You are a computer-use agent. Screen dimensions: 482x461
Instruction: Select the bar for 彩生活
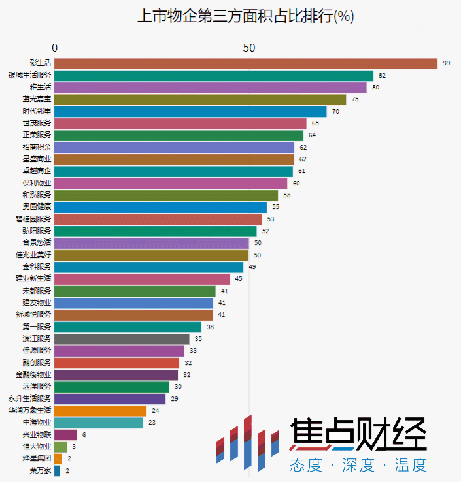click(x=245, y=63)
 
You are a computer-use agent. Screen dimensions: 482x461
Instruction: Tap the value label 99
click(x=447, y=63)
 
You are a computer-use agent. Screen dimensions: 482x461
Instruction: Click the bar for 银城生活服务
click(x=213, y=76)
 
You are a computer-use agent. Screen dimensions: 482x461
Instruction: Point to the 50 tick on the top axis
click(x=248, y=48)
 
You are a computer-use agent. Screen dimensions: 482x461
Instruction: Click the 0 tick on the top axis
click(x=55, y=48)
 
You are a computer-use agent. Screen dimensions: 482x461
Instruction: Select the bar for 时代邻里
click(x=190, y=112)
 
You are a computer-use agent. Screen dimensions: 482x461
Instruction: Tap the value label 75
click(x=355, y=99)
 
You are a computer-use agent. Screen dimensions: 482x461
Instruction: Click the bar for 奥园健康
click(x=160, y=207)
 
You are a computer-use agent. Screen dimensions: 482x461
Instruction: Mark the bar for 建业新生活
click(x=141, y=279)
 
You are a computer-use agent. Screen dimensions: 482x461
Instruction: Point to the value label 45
click(x=239, y=279)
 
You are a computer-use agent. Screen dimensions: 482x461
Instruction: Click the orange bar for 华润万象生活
click(x=100, y=411)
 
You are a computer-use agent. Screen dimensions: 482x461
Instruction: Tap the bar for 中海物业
click(x=98, y=423)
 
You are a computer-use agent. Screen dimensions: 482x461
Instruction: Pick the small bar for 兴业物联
click(x=65, y=435)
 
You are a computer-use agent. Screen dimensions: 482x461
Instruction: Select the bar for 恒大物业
click(x=60, y=447)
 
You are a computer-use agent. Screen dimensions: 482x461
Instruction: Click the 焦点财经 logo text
click(x=358, y=434)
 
